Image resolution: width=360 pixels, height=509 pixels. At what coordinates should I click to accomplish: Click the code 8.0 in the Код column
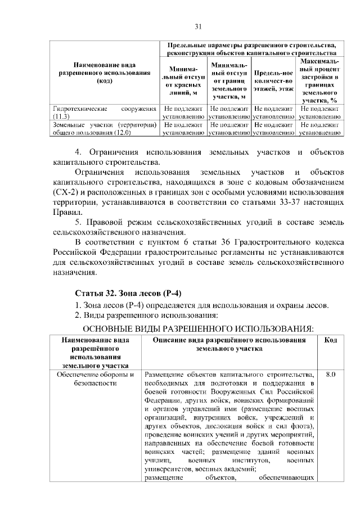point(331,375)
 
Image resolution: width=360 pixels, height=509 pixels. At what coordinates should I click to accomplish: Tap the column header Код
point(331,340)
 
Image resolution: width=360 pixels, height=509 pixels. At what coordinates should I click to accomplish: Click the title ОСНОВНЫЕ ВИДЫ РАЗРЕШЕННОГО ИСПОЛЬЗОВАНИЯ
point(198,328)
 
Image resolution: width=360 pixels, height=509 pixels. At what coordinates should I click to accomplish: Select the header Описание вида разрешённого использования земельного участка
point(229,344)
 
